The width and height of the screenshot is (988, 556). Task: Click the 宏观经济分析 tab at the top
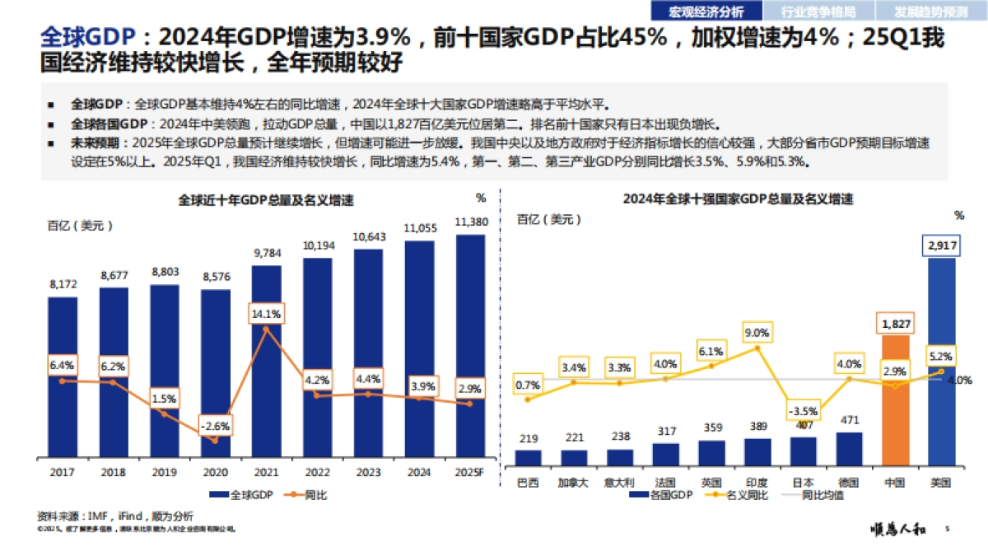click(706, 12)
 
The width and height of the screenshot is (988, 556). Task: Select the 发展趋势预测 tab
click(932, 12)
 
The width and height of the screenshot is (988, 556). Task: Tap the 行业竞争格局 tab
click(818, 12)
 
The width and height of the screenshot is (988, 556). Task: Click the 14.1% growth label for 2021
click(266, 314)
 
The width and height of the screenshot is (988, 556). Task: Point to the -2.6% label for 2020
click(215, 427)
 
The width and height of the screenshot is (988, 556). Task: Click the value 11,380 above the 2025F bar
click(470, 222)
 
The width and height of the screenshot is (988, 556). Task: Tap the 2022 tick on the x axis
click(317, 474)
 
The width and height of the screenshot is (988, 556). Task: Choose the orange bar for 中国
click(895, 399)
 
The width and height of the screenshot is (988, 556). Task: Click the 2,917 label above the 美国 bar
click(941, 245)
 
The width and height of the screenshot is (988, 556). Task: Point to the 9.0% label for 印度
click(756, 333)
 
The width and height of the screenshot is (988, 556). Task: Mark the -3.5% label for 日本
click(803, 410)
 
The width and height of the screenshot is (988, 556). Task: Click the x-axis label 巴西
click(528, 482)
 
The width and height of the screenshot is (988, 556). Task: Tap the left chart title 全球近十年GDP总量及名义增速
click(267, 200)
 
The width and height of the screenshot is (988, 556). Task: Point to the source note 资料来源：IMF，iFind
click(115, 516)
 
